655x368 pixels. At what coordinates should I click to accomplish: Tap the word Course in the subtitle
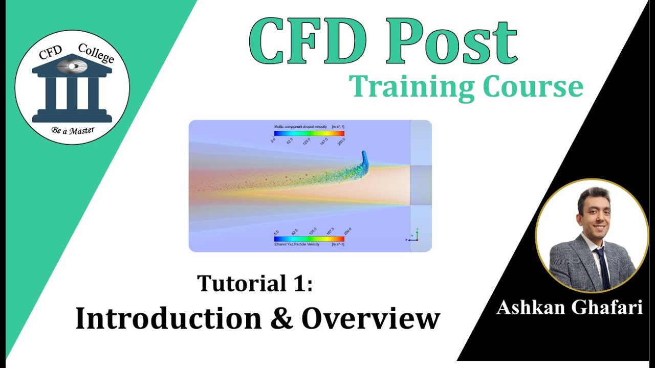coord(532,87)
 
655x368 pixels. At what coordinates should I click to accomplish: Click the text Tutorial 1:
coord(255,283)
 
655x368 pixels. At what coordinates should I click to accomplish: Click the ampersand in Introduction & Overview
coord(282,318)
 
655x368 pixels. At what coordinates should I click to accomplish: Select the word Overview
coord(370,318)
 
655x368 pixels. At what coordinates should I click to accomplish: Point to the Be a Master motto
coord(72,130)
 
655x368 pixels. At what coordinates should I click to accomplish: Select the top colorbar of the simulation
coord(309,133)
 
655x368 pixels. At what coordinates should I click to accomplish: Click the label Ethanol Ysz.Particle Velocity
coord(297,244)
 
